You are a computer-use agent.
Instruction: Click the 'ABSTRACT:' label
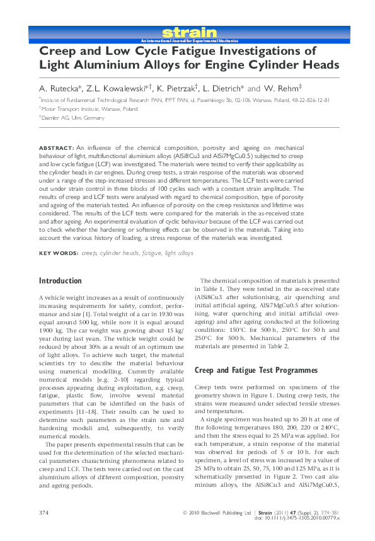[56, 146]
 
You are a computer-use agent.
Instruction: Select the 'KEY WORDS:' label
[59, 253]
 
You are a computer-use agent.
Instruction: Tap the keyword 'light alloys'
[179, 253]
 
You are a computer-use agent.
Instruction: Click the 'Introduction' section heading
[60, 281]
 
